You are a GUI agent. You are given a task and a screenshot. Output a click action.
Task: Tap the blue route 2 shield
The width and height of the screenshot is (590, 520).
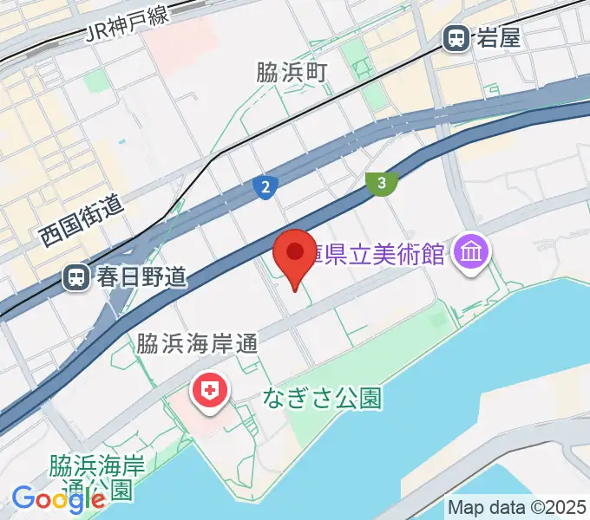[x=265, y=185]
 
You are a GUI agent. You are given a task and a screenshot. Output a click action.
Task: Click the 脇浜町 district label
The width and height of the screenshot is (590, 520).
[x=291, y=73]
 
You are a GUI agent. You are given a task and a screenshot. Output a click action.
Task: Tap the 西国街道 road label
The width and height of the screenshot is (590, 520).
[x=83, y=221]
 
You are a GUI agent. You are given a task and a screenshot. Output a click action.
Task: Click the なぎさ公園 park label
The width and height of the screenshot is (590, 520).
[x=323, y=399]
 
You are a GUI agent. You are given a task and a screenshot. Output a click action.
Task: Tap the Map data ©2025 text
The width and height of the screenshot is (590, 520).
[x=517, y=507]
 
